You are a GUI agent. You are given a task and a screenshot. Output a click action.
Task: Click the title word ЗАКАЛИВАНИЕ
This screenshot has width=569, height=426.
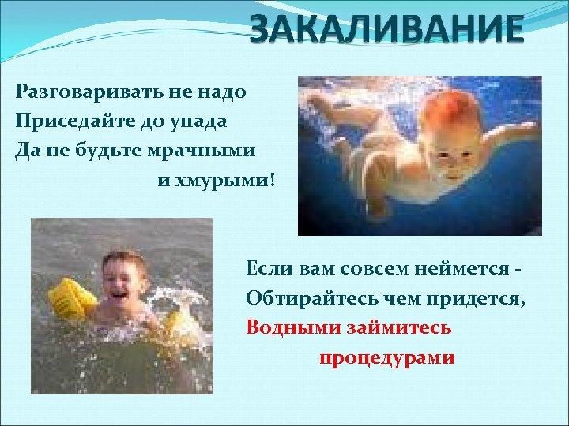pyautogui.click(x=386, y=30)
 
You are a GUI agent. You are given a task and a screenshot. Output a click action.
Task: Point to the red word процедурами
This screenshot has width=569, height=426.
pyautogui.click(x=386, y=357)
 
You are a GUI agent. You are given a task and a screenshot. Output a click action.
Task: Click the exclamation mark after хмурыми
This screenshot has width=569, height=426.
pyautogui.click(x=273, y=181)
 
